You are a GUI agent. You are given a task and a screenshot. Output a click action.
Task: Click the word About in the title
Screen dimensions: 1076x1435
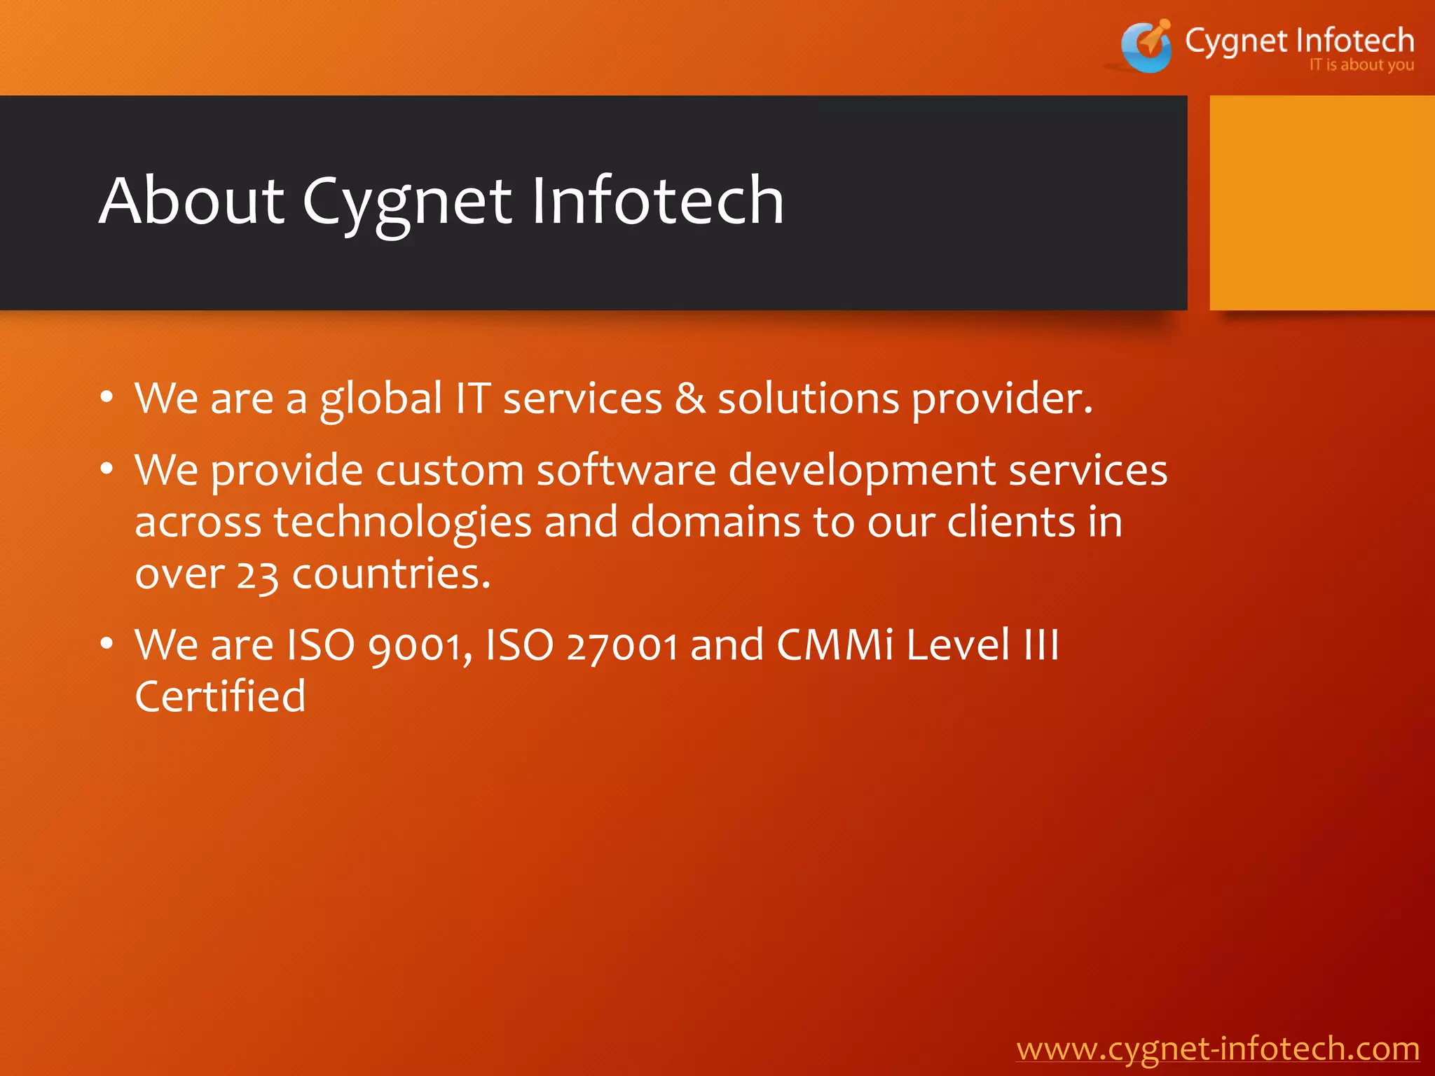point(191,202)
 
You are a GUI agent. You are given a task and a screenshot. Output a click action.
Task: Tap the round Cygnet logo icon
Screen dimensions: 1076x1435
point(1146,46)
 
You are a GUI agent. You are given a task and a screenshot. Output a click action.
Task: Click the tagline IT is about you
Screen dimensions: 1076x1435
point(1361,65)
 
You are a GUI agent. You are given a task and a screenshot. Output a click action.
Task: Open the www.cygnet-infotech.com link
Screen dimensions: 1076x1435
point(1218,1049)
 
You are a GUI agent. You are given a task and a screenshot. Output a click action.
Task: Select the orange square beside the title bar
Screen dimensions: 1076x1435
point(1322,202)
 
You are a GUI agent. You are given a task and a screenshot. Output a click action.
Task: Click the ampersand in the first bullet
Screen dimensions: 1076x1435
point(689,399)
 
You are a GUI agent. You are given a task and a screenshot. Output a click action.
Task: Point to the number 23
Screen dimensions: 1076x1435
point(257,574)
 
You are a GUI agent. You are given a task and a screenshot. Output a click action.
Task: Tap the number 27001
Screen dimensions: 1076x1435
point(622,645)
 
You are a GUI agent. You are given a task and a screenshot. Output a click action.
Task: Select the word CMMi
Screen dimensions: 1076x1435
point(835,645)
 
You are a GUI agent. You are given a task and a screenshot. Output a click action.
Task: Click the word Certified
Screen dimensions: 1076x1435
point(220,696)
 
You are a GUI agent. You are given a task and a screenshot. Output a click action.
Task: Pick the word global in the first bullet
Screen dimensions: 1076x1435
point(381,400)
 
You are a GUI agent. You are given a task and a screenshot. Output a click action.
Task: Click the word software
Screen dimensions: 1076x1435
point(626,470)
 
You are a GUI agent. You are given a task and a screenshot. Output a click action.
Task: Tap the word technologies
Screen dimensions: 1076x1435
point(403,523)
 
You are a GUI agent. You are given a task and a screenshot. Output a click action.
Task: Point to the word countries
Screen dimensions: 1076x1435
point(390,574)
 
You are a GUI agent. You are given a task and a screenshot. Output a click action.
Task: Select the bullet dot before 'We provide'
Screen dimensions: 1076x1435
point(107,468)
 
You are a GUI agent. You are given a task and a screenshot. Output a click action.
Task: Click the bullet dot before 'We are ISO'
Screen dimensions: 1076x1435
point(107,643)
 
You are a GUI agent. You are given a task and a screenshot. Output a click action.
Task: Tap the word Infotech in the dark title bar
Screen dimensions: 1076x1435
point(657,202)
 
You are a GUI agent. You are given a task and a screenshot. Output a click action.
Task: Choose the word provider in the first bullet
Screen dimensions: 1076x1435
point(1001,400)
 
